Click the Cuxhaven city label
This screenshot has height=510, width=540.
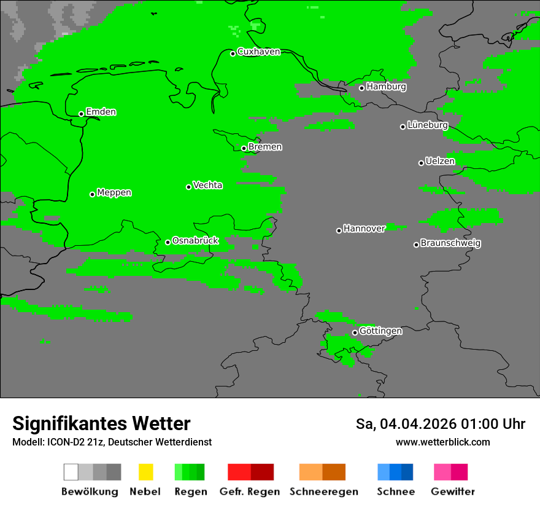pyautogui.click(x=258, y=52)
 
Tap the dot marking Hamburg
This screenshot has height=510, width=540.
pyautogui.click(x=361, y=88)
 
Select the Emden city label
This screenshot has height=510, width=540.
pyautogui.click(x=101, y=112)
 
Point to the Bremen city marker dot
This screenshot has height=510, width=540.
pyautogui.click(x=244, y=148)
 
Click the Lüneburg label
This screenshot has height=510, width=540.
pyautogui.click(x=428, y=125)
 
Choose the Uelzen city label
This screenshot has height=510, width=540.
pyautogui.click(x=440, y=162)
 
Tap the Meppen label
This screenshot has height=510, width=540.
pyautogui.click(x=114, y=193)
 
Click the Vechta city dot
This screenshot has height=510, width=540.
pyautogui.click(x=188, y=187)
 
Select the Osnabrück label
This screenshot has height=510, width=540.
pyautogui.click(x=195, y=241)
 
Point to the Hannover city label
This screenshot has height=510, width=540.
pyautogui.click(x=364, y=229)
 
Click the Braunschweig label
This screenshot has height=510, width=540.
pyautogui.click(x=450, y=243)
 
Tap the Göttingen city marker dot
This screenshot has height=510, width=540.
pyautogui.click(x=355, y=332)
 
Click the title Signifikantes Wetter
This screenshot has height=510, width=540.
pyautogui.click(x=101, y=423)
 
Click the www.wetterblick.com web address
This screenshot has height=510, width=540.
pyautogui.click(x=442, y=442)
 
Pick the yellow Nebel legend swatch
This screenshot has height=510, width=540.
pyautogui.click(x=145, y=472)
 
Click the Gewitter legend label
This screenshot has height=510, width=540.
pyautogui.click(x=452, y=492)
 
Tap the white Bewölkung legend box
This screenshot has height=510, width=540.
pyautogui.click(x=71, y=472)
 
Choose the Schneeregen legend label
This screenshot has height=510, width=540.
pyautogui.click(x=323, y=492)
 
